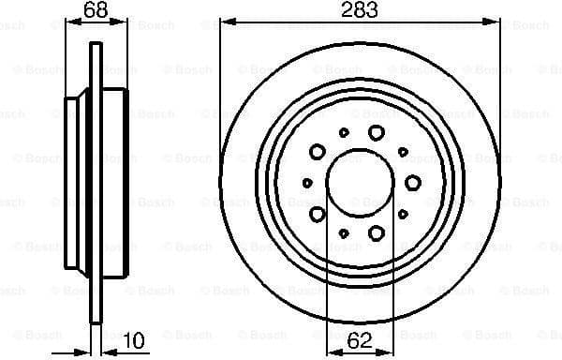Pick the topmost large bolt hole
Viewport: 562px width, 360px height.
(377, 133)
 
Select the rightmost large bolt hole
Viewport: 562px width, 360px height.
(413, 183)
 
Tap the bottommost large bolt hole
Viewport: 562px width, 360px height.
(377, 232)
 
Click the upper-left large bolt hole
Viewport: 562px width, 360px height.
(318, 152)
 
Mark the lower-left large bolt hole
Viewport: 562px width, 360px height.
(318, 214)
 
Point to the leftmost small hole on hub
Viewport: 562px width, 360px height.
(308, 183)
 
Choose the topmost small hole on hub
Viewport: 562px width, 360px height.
(344, 133)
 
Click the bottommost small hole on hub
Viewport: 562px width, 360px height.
(344, 232)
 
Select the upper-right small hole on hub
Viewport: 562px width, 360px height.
(403, 151)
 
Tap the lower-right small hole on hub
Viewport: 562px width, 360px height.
(403, 215)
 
